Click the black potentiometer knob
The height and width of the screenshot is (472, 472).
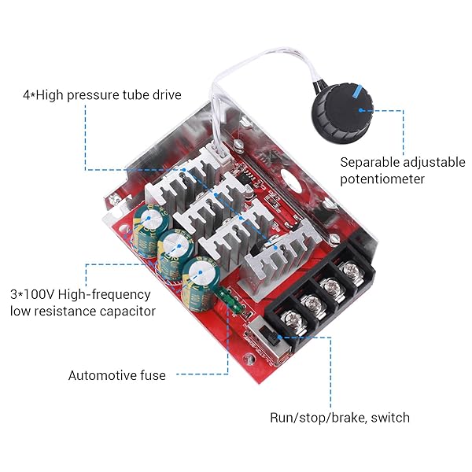pyautogui.click(x=342, y=114)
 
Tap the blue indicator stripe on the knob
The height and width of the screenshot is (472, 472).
pyautogui.click(x=358, y=91)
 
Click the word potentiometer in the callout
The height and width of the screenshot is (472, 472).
pyautogui.click(x=382, y=179)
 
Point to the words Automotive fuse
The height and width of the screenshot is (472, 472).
pyautogui.click(x=116, y=375)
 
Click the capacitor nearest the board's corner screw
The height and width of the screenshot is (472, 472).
pyautogui.click(x=149, y=229)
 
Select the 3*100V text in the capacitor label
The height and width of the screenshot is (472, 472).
pyautogui.click(x=32, y=294)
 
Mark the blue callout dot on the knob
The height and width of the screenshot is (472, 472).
pyautogui.click(x=360, y=110)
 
